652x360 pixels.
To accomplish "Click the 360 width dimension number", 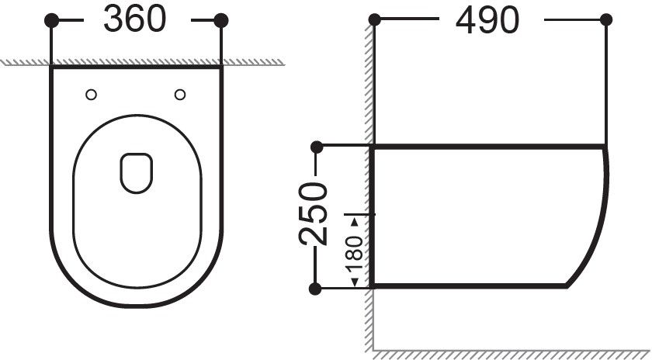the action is pos(135,19).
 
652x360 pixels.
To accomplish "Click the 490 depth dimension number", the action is pos(487,20).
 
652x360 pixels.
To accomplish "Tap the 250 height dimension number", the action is pos(313,213).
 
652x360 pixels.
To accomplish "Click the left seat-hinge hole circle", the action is pos(91,95).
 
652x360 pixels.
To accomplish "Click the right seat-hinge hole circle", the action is pos(180,95).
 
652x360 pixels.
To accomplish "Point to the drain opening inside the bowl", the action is pos(137,173).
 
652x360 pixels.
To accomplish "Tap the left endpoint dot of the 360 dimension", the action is pos(51,20).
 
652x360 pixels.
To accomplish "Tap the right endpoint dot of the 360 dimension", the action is pos(221,20).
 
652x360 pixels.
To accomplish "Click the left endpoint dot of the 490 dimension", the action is pos(375,19).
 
